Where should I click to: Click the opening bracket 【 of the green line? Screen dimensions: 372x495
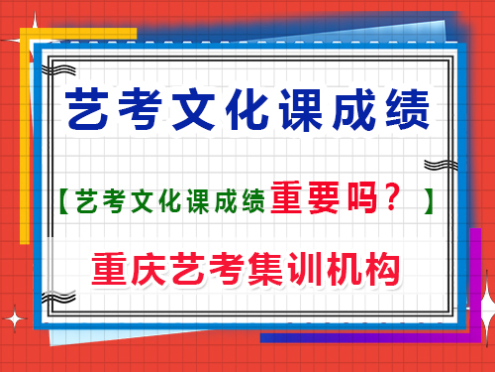pyautogui.click(x=61, y=201)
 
